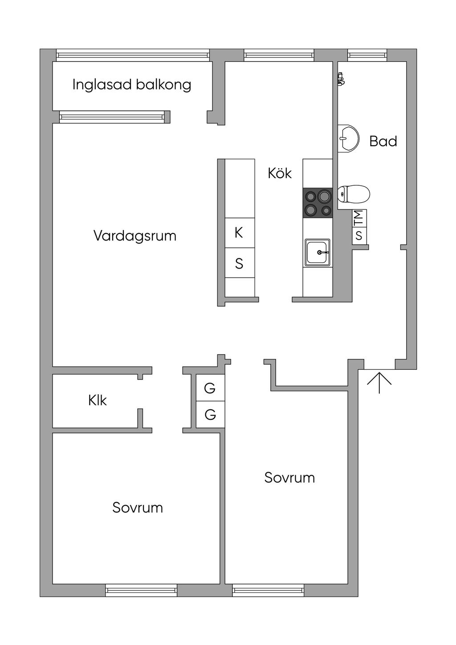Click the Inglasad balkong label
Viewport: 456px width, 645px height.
[x=132, y=85]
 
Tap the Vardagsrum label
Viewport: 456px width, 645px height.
[x=134, y=236]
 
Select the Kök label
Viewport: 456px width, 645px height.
[x=280, y=173]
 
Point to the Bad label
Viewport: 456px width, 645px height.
[x=383, y=142]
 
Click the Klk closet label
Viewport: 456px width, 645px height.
[x=98, y=400]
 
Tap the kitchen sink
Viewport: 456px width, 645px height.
[x=318, y=252]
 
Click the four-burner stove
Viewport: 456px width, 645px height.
[x=318, y=203]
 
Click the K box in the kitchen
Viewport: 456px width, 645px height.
[x=239, y=233]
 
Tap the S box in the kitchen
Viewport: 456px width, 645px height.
[x=239, y=264]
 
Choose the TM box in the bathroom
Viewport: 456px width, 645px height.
[x=359, y=218]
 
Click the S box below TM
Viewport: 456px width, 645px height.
[x=359, y=235]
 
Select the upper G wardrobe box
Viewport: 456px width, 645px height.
[x=210, y=388]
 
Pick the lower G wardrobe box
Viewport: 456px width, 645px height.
[x=210, y=415]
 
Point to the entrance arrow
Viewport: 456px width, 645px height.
[x=379, y=382]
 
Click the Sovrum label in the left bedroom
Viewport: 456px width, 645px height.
[x=137, y=507]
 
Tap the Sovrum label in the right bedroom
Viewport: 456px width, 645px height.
[x=289, y=478]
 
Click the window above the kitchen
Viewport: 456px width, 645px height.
[x=279, y=55]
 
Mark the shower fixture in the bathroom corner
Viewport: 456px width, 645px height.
[x=341, y=79]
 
